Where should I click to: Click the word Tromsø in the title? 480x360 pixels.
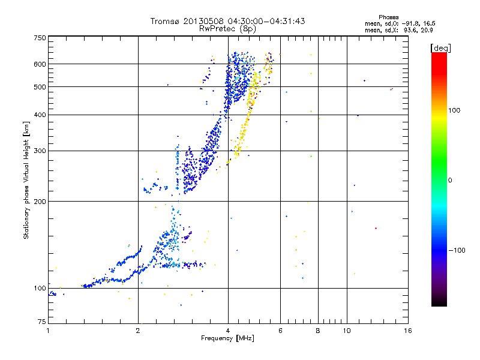pyautogui.click(x=164, y=21)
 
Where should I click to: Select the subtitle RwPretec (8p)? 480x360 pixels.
pyautogui.click(x=228, y=28)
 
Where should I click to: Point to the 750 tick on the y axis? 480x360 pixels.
pyautogui.click(x=40, y=37)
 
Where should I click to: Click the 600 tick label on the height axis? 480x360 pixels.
pyautogui.click(x=40, y=64)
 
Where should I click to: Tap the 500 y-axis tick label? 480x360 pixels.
pyautogui.click(x=40, y=87)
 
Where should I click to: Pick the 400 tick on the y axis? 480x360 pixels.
pyautogui.click(x=40, y=115)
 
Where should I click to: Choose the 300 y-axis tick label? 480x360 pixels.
pyautogui.click(x=40, y=151)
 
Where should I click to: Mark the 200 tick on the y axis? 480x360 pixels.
pyautogui.click(x=40, y=201)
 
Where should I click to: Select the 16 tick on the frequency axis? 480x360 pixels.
pyautogui.click(x=407, y=331)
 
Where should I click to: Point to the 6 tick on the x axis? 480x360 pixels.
pyautogui.click(x=280, y=331)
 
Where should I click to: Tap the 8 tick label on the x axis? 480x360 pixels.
pyautogui.click(x=318, y=331)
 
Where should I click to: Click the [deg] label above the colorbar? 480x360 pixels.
pyautogui.click(x=440, y=47)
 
